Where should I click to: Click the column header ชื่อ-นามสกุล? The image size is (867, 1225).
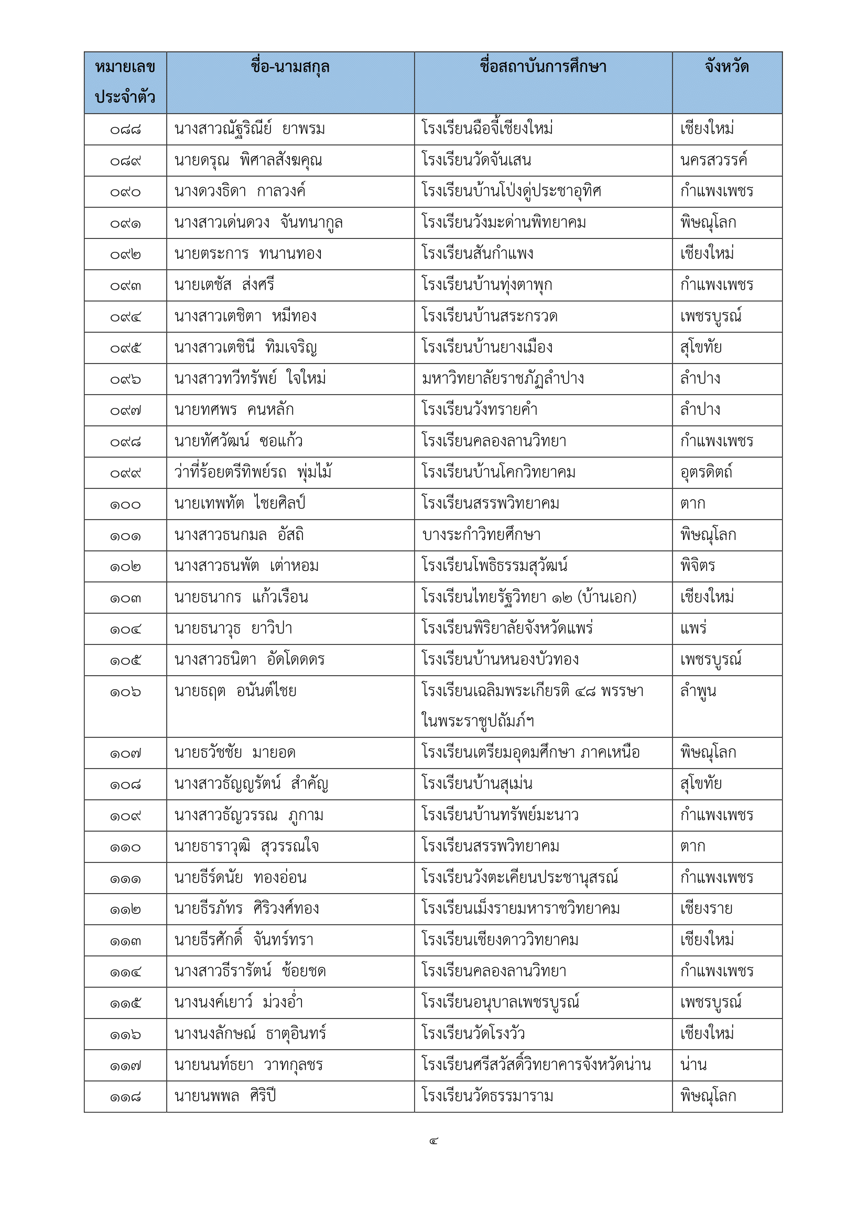point(290,67)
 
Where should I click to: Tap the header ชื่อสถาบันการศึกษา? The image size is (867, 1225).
point(543,67)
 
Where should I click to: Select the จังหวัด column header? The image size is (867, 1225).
point(727,67)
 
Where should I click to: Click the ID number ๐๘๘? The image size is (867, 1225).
point(125,130)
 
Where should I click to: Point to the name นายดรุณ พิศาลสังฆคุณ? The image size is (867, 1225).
point(248,161)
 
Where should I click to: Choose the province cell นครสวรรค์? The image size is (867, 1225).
point(713,161)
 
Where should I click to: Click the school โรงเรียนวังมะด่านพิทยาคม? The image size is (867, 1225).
point(503,223)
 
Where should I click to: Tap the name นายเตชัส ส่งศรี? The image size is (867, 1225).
point(224,285)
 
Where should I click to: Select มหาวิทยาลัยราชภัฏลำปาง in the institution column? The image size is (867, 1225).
point(502,379)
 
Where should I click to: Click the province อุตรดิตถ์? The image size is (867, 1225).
point(706,473)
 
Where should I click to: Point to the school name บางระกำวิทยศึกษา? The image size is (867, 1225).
point(481,535)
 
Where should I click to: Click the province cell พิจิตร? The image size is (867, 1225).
point(697,566)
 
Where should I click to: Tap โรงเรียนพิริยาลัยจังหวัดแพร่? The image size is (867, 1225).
point(507,628)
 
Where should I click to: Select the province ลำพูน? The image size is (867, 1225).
point(698,691)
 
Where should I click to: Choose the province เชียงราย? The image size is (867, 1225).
point(706,909)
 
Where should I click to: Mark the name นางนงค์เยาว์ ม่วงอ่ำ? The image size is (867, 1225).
point(239,1002)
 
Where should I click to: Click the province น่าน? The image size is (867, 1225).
point(693,1065)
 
